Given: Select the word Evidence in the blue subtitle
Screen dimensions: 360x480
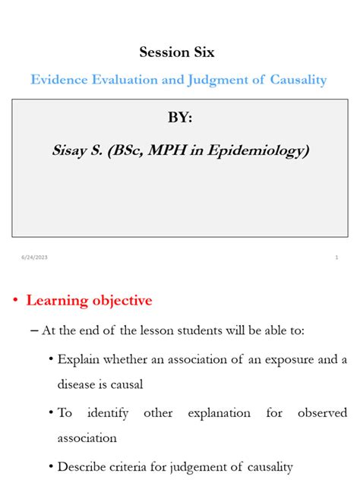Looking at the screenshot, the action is pos(61,80).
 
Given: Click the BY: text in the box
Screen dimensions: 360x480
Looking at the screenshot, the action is pos(180,119).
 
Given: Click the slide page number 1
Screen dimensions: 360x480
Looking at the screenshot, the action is pos(336,258).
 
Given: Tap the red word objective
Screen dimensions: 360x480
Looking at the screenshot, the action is pos(122,302).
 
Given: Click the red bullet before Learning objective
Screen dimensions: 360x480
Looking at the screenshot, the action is pos(14,302).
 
